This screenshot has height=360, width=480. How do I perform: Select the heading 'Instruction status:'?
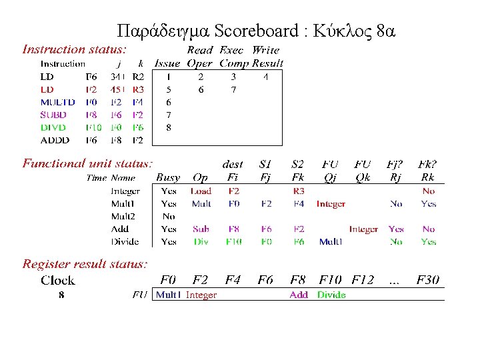pos(75,49)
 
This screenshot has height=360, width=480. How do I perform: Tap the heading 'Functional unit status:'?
pos(88,163)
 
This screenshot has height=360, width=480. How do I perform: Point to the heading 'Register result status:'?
pos(85,265)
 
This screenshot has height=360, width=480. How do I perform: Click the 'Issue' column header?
pos(167,63)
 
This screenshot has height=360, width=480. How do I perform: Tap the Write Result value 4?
pos(265,77)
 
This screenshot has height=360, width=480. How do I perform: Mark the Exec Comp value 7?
pos(233,89)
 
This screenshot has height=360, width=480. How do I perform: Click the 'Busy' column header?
pos(168,178)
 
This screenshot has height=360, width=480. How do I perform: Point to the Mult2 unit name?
pos(123,216)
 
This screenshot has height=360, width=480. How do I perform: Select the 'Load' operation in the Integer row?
pos(201,191)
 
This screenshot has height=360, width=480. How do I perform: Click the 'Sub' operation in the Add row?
pos(201,229)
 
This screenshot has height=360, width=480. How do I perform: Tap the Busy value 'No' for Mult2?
pos(169,216)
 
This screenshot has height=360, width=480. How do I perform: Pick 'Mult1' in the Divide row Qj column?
pos(331,241)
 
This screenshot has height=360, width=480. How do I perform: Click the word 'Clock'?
pos(58,281)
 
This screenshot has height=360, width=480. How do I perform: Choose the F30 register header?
pos(428,280)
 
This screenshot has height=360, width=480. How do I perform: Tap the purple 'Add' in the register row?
pos(299,294)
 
